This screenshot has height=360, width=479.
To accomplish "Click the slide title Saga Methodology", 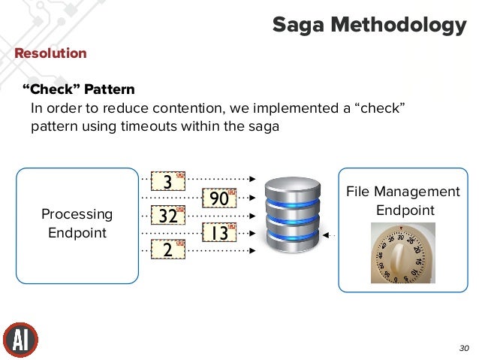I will [x=369, y=25].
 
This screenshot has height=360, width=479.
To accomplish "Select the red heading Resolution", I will [x=50, y=53].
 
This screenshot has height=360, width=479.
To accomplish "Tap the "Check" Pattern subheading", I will [x=78, y=89].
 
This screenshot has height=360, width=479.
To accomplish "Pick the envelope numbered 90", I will [x=220, y=198].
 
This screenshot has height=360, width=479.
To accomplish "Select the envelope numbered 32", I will [x=168, y=216].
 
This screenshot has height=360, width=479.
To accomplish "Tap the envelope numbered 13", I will [x=220, y=233].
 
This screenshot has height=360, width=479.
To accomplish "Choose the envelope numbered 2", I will [x=168, y=250].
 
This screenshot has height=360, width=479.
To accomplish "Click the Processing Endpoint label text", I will [x=77, y=223].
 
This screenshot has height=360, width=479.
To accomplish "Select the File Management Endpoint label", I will [x=402, y=201].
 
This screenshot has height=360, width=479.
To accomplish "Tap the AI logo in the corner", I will [x=20, y=340].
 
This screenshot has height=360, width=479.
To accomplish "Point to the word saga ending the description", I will [x=264, y=126].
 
